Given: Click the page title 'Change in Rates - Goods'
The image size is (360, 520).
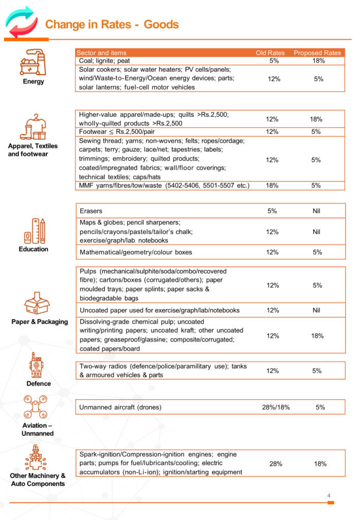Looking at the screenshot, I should (112, 24).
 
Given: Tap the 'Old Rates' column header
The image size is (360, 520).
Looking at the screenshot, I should (270, 53).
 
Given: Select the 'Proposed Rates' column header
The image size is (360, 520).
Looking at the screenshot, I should (317, 53).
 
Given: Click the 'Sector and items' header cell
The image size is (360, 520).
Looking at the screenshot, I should (102, 53).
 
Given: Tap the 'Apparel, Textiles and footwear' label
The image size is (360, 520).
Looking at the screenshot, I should (32, 150).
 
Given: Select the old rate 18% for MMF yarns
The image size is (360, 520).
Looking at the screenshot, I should (272, 186).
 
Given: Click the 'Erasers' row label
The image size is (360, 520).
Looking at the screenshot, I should (91, 211).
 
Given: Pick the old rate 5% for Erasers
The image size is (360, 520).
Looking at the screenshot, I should (272, 211).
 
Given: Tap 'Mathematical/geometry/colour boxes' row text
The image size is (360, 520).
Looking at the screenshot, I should (136, 252).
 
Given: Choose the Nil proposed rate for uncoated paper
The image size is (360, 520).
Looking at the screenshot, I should (317, 310).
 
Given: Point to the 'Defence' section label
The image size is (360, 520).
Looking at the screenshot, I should (39, 384).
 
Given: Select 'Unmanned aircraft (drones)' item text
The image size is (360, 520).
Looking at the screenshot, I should (120, 407).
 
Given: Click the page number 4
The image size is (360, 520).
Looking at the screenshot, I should (329, 496).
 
